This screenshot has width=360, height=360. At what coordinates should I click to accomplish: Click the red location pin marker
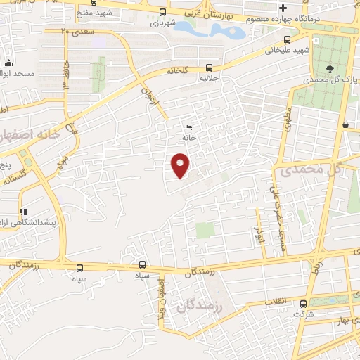pyautogui.click(x=181, y=165)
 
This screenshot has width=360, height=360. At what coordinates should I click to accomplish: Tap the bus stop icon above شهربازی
pyautogui.click(x=163, y=12)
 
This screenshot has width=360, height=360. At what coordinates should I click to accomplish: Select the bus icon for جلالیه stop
pyautogui.click(x=209, y=68)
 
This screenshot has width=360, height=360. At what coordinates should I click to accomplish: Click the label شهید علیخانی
pyautogui.click(x=287, y=51)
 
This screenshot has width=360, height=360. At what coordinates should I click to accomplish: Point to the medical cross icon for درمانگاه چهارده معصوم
pyautogui.click(x=283, y=8)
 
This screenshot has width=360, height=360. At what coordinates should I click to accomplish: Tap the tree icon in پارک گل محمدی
pyautogui.click(x=330, y=69)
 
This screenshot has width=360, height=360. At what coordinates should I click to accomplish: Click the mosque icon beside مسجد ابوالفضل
pyautogui.click(x=7, y=63)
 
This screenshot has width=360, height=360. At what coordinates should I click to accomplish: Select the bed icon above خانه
pyautogui.click(x=188, y=127)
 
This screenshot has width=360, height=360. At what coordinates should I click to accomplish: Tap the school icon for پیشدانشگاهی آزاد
pyautogui.click(x=23, y=211)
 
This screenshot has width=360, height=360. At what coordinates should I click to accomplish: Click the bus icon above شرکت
pyautogui.click(x=304, y=304)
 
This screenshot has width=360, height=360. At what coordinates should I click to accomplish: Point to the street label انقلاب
pyautogui.click(x=276, y=301)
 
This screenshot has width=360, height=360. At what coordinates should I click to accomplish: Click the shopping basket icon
pyautogui.click(x=347, y=124)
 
